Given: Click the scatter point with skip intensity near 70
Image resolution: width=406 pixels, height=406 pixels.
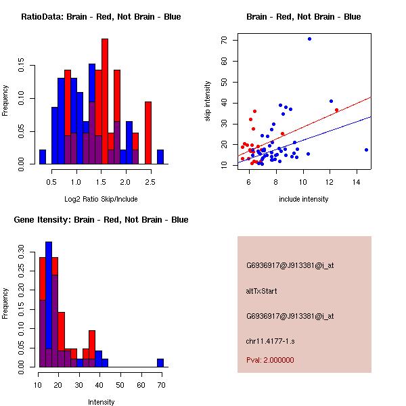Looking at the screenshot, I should click(309, 39).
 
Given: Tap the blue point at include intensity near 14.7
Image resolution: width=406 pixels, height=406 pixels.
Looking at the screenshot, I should click(366, 150).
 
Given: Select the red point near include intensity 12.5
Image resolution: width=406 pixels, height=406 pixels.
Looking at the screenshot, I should click(336, 110).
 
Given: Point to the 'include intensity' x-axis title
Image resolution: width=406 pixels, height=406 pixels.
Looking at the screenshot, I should click(303, 199).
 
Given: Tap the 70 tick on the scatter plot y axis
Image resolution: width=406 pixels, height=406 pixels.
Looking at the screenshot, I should click(223, 40).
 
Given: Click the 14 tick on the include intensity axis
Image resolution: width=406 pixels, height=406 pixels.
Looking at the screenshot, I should click(357, 181).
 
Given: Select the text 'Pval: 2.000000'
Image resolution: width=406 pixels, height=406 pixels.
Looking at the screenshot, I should click(270, 360).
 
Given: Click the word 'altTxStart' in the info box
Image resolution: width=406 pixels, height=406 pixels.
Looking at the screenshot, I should click(262, 291).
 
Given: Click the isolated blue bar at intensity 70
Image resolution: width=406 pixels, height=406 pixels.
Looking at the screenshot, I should click(160, 363).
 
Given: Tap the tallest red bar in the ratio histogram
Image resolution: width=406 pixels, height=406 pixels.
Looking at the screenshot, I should click(105, 101).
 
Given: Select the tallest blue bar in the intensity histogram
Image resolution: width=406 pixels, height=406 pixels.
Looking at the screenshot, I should click(49, 304).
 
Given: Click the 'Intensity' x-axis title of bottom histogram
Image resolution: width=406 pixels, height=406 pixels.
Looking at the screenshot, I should click(101, 402).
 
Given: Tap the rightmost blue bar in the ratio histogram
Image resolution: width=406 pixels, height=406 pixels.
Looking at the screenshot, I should click(160, 157).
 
